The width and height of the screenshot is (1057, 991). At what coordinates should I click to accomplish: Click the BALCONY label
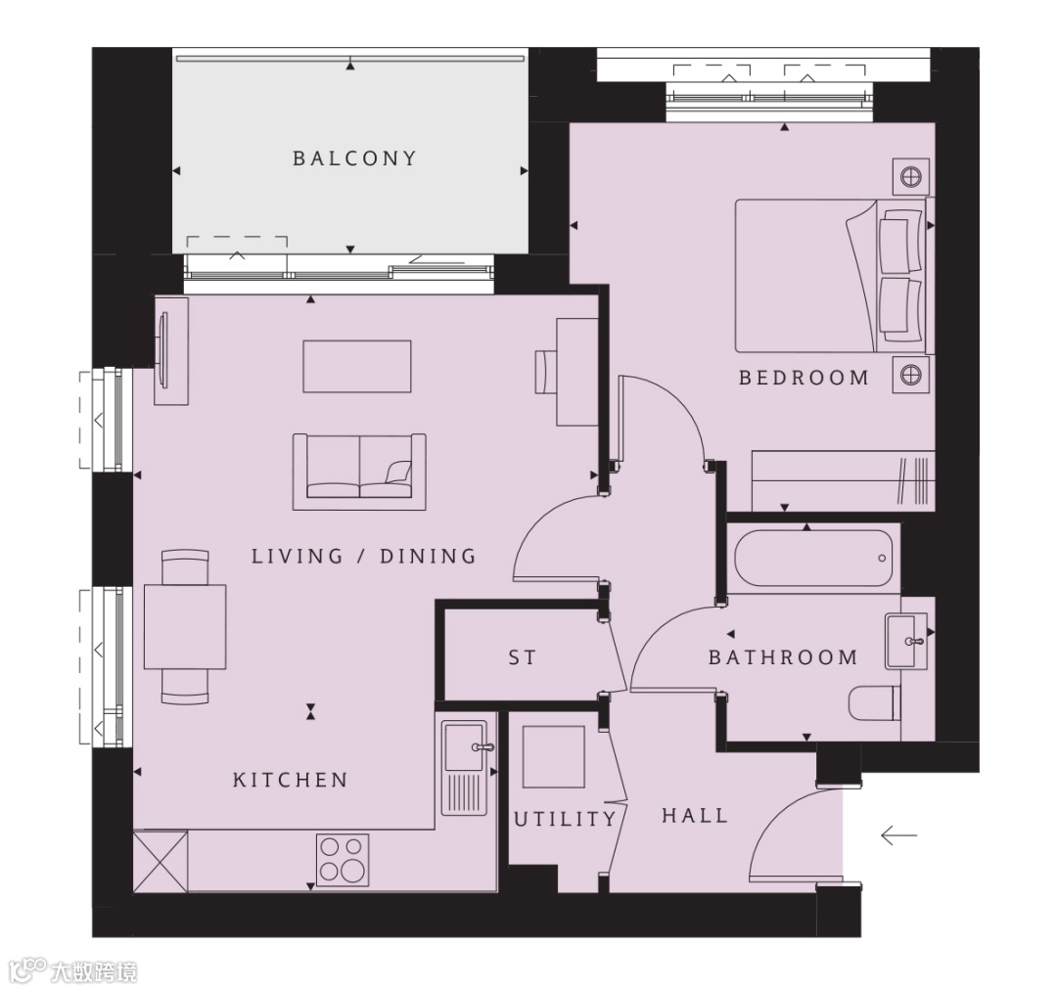coord(354,158)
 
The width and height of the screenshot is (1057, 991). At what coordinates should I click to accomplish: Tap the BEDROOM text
coord(804,378)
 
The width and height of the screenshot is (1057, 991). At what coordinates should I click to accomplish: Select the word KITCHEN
coord(291,780)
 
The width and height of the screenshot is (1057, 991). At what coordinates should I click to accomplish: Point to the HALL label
coord(695,816)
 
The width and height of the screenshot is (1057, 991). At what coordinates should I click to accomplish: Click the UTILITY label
coord(565,819)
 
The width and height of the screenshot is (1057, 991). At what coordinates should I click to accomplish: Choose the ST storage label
coord(523,656)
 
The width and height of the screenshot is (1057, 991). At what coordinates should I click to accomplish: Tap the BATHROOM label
coord(783,656)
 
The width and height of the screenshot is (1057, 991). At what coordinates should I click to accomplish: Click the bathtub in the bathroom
coord(813,559)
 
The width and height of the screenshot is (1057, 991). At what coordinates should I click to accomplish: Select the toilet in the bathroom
coord(875,703)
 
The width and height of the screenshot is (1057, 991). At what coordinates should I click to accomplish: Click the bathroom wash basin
coord(906,641)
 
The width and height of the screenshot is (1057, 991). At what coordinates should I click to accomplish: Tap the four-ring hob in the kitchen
coord(344,859)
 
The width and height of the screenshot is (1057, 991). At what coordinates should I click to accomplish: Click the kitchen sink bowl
coord(464,746)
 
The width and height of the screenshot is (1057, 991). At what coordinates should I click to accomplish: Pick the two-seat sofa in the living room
coord(359,472)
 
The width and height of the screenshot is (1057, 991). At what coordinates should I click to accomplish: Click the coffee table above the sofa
coord(357,367)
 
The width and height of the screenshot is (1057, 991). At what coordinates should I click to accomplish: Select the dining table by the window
coord(185,627)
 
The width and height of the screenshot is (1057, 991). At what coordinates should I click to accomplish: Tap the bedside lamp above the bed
coord(911,176)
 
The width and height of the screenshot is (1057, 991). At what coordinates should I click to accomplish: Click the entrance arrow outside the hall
coord(898,836)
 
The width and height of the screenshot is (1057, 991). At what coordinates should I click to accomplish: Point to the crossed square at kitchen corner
coord(161,861)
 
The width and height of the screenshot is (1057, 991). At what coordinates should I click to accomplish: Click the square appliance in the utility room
coord(554,756)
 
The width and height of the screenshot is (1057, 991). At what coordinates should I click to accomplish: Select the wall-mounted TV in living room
coord(162,351)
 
